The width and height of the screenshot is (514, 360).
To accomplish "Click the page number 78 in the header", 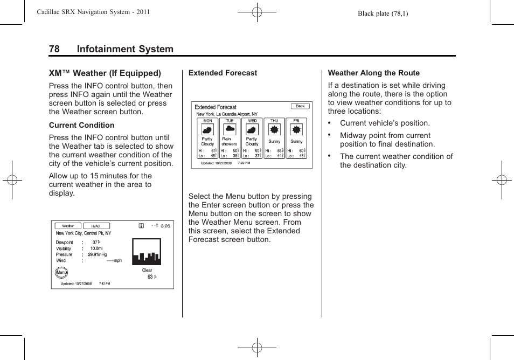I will (54, 49).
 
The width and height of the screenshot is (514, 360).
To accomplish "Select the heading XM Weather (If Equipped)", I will (105, 73).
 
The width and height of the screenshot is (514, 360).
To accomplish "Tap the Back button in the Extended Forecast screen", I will (300, 106).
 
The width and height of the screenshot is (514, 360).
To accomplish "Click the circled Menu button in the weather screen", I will (61, 273).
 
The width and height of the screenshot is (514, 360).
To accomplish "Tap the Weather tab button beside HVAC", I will (68, 226).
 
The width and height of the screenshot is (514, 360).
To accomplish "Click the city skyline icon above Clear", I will (147, 252).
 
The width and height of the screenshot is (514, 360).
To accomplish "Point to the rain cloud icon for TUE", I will (230, 129).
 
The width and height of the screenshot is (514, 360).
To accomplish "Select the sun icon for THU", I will (274, 130).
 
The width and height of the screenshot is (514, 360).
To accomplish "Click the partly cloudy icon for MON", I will (207, 130).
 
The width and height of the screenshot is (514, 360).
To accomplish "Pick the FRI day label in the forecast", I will (296, 121).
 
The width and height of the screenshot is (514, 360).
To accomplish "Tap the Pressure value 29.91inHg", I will (98, 254).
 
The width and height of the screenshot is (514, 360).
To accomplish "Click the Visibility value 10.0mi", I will (96, 248).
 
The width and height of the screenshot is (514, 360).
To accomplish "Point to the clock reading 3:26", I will (165, 226).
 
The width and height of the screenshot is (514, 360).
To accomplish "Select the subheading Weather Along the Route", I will (373, 73).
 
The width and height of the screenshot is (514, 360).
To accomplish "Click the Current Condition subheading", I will (81, 125).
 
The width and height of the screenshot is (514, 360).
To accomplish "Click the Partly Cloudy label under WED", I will (252, 141).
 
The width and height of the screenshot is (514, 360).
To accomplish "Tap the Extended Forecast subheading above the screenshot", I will (223, 73).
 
